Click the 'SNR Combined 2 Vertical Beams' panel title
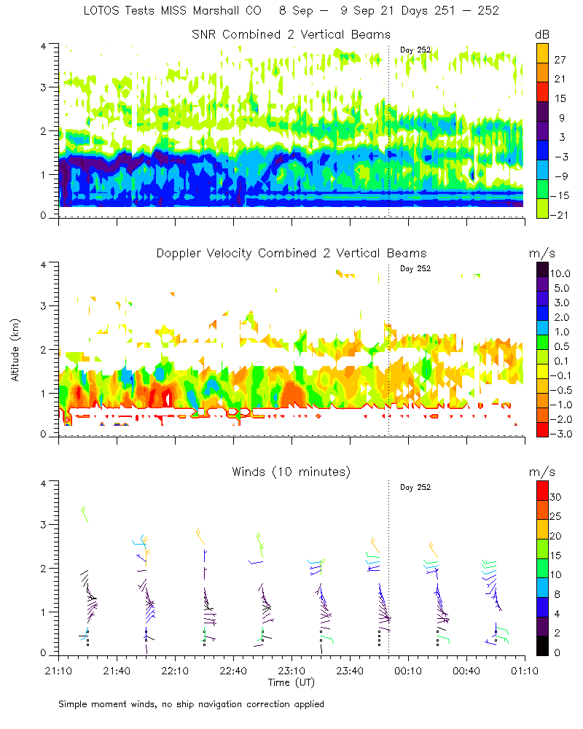coord(291,34)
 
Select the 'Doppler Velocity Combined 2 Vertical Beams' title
coord(291,253)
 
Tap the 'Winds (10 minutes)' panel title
coord(291,472)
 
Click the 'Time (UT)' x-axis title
coord(291,682)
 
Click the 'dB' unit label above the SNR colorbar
coord(543,34)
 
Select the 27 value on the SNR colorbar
coord(560,58)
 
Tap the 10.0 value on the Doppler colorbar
coord(565,273)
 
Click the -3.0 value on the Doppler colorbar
coord(563,434)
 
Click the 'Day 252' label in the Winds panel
coord(415,487)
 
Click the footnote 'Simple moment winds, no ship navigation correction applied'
coord(192,704)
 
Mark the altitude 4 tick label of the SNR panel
coord(44,46)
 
